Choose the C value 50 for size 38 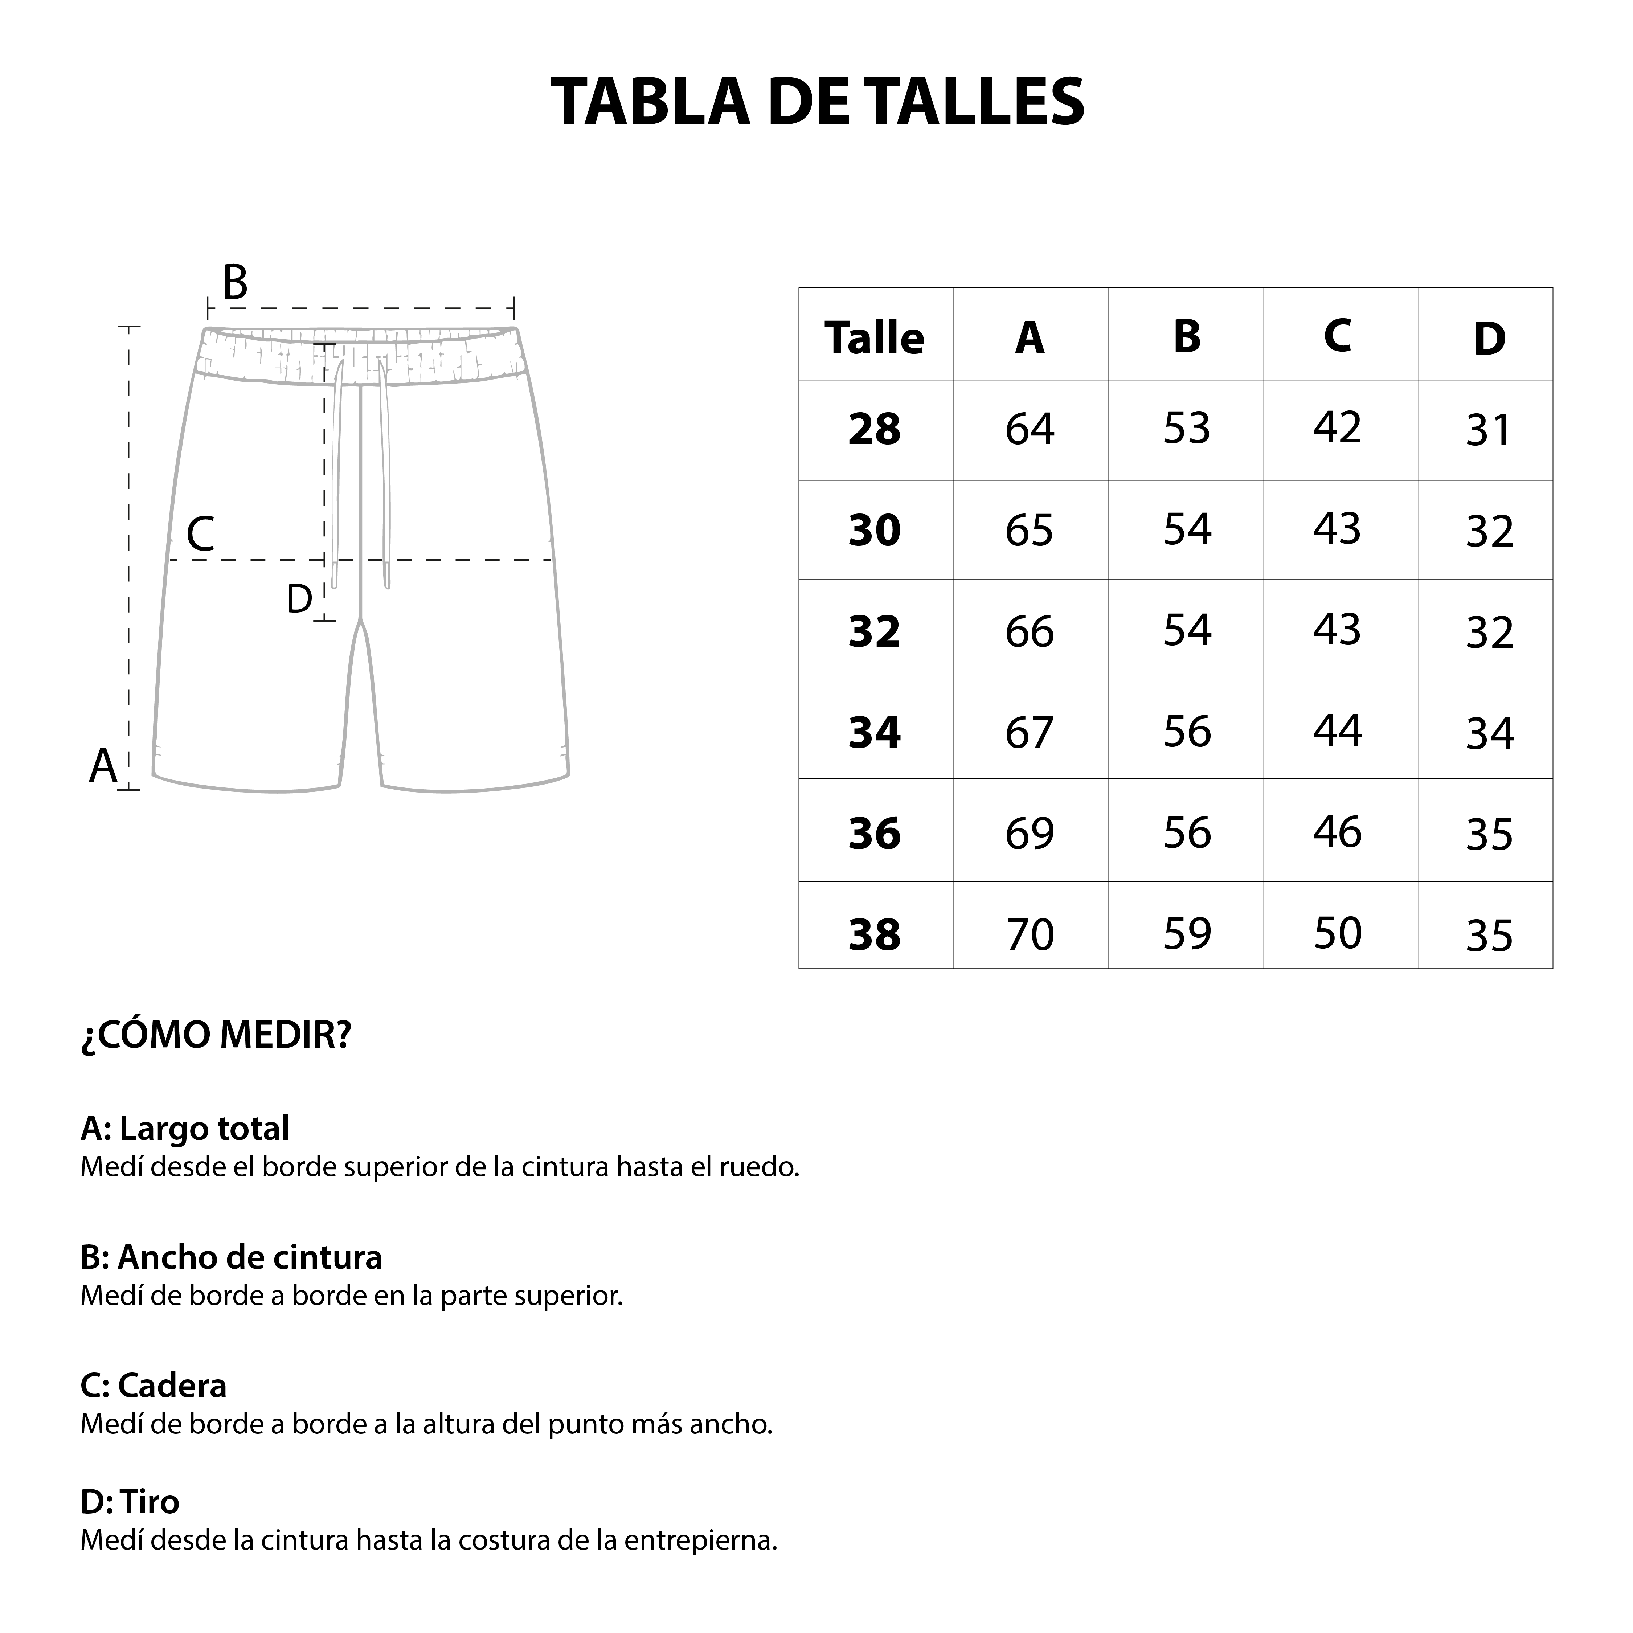point(1337,933)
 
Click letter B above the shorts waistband point(235,283)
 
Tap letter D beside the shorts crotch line point(299,599)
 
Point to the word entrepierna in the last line point(700,1540)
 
